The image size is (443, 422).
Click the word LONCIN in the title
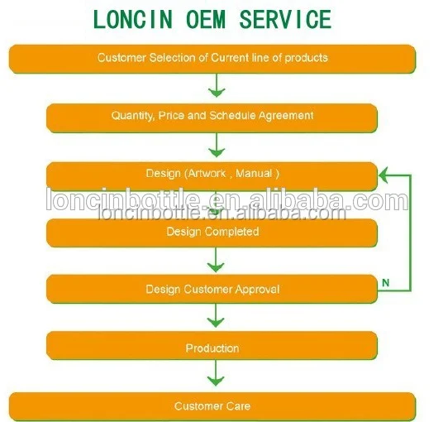pos(132,19)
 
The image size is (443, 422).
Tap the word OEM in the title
pos(206,19)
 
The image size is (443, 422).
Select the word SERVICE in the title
pos(285,19)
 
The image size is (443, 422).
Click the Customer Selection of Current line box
pos(212,59)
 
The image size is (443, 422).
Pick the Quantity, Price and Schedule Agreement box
pos(212,117)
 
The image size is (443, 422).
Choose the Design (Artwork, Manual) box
pos(212,176)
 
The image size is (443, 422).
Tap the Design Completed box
pos(212,233)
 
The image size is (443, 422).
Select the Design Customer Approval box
pos(212,289)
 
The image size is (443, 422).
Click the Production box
pos(212,346)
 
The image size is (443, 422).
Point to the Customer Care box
pos(212,406)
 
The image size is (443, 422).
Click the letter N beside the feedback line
pos(386,282)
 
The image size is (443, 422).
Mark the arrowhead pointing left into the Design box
pos(383,175)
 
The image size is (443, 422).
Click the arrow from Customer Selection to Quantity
pos(217,85)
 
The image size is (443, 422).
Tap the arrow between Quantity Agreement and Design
pos(217,145)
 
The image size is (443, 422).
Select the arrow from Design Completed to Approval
pos(216,260)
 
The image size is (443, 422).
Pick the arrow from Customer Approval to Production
pos(216,315)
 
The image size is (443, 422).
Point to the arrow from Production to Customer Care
pos(216,373)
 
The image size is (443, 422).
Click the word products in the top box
pos(306,58)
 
